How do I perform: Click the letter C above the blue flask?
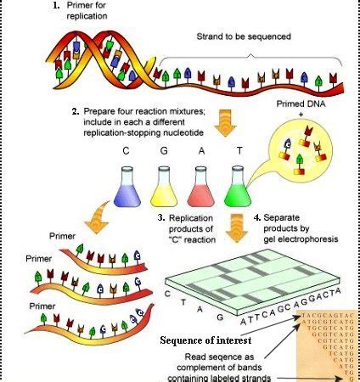[126, 149]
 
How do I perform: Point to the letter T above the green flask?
[239, 149]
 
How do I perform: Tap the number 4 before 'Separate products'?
[258, 218]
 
